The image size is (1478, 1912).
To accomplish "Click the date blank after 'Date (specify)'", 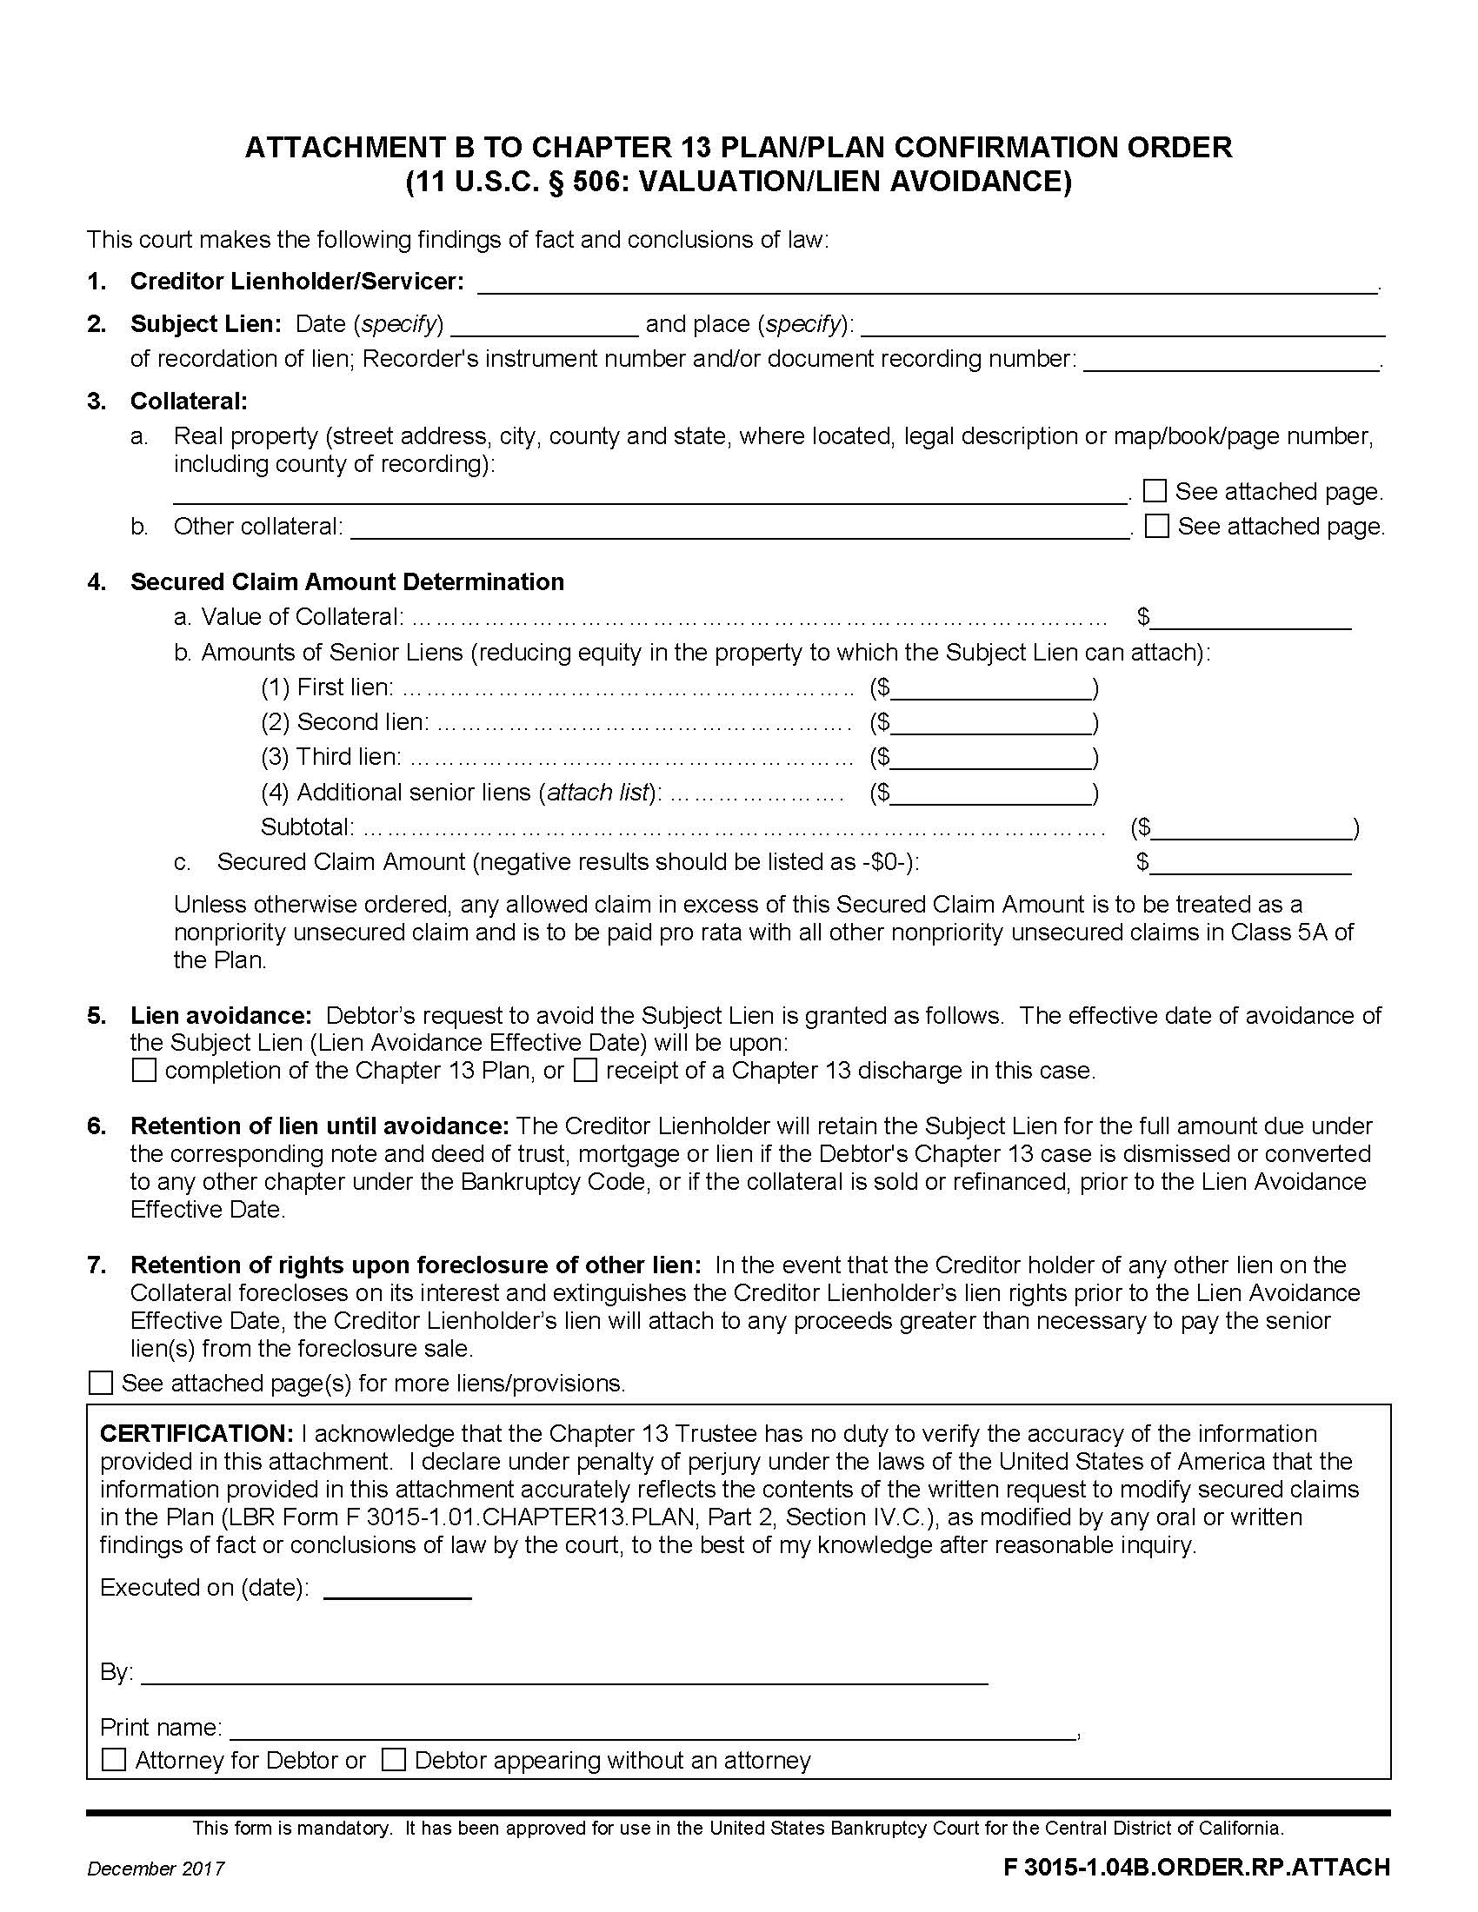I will click(544, 326).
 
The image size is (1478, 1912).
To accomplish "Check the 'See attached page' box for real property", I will click(1155, 490).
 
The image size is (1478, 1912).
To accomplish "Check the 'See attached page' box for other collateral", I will click(1156, 525).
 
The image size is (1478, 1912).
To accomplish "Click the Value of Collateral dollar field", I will click(1251, 617).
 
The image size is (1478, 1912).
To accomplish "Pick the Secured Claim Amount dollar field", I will click(1251, 863).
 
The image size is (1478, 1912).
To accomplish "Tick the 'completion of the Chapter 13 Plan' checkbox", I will click(144, 1070).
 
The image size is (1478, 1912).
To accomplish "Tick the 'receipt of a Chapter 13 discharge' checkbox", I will click(585, 1070).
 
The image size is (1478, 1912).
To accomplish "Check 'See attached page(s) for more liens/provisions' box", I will click(102, 1384).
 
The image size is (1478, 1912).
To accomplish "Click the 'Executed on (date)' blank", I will click(397, 1588).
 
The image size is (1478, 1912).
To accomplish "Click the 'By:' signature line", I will click(564, 1673).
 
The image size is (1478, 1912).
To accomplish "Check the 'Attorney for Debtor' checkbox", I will click(114, 1760).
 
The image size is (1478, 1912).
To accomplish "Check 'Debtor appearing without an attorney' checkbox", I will click(393, 1760).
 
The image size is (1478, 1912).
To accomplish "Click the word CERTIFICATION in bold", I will click(196, 1434).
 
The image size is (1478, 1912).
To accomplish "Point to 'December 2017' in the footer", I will click(156, 1869).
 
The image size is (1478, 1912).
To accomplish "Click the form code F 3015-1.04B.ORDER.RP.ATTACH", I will click(1196, 1867).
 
